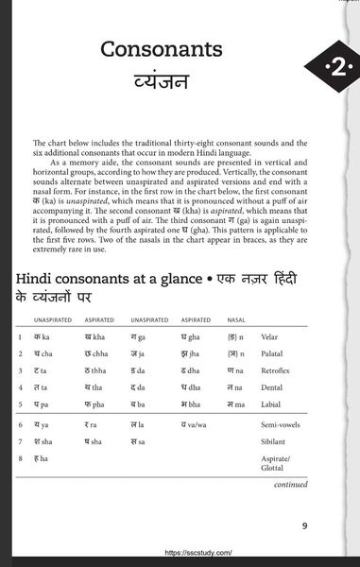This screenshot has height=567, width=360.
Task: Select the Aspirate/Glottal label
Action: coord(277,463)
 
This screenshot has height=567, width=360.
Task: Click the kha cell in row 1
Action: coord(94,337)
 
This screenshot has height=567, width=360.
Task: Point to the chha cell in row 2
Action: coord(95,354)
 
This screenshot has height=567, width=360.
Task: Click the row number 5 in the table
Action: coord(20,404)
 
